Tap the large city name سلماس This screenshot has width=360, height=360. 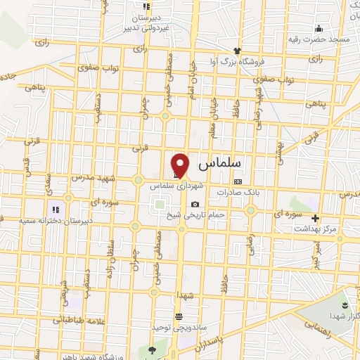pyautogui.click(x=219, y=163)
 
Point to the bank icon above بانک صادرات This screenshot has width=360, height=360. pyautogui.click(x=237, y=181)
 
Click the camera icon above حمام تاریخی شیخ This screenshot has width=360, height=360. pyautogui.click(x=195, y=204)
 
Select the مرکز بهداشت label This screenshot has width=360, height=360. pyautogui.click(x=316, y=229)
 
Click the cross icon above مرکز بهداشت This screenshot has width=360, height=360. pyautogui.click(x=316, y=218)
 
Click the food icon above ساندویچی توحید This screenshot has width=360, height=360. pyautogui.click(x=179, y=317)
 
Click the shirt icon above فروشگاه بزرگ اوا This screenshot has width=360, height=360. pyautogui.click(x=238, y=51)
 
